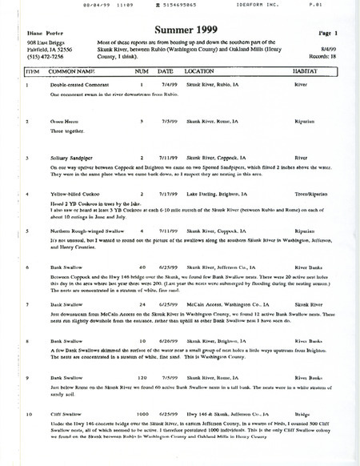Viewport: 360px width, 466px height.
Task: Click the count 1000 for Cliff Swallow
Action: pos(143,416)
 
